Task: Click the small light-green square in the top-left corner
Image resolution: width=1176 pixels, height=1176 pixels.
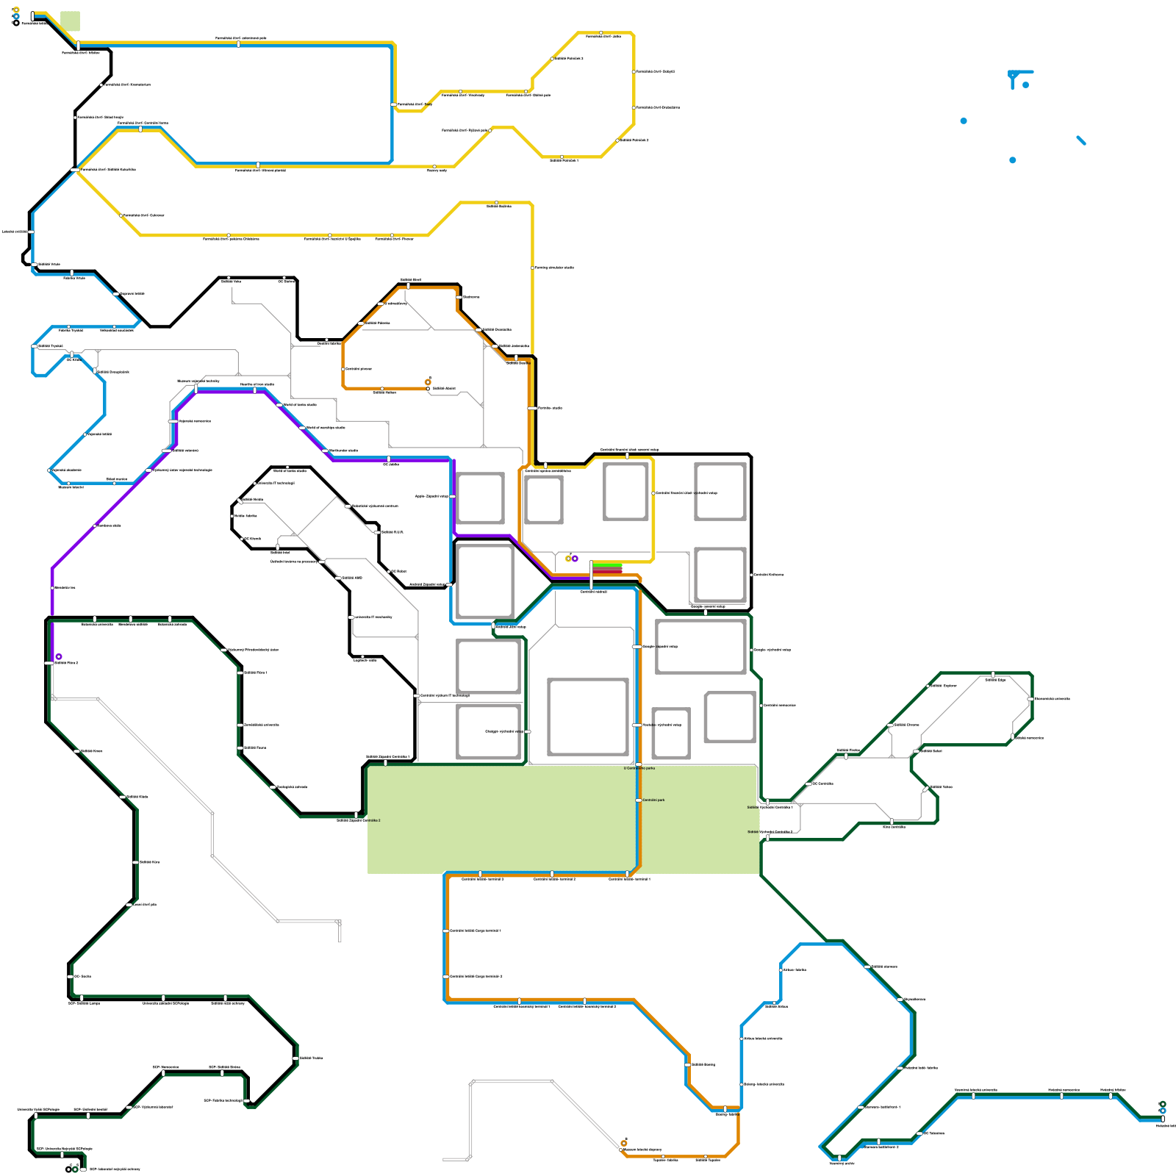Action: click(x=70, y=21)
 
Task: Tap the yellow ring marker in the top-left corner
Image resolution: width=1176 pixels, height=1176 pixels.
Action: click(x=16, y=10)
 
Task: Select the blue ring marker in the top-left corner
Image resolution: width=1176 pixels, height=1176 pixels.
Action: click(x=16, y=16)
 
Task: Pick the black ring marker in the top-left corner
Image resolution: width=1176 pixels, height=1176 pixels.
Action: click(x=16, y=23)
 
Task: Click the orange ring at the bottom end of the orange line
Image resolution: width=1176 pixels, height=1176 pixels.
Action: click(x=624, y=1143)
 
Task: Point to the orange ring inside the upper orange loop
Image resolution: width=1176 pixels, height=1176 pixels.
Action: click(x=428, y=382)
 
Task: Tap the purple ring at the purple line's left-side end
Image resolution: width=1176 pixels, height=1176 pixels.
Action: click(x=59, y=656)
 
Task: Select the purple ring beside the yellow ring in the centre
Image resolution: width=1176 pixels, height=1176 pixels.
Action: click(x=575, y=559)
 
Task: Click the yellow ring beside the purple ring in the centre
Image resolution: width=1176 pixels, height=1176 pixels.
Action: click(x=568, y=559)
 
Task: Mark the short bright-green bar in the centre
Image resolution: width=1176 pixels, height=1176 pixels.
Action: click(x=607, y=565)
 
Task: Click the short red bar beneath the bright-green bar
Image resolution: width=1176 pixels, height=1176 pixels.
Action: click(x=607, y=570)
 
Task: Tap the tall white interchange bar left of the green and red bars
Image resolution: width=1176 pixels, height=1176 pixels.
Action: click(x=592, y=573)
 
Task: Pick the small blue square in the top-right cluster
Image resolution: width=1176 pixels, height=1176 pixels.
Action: click(x=1026, y=85)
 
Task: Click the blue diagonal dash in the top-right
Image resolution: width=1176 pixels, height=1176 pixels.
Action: click(x=1081, y=140)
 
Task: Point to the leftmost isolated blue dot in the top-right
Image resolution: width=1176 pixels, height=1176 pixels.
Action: click(x=964, y=121)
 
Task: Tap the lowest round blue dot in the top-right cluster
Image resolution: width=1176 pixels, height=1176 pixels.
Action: click(x=1013, y=160)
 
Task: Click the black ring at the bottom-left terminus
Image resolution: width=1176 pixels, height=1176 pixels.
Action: click(x=68, y=1169)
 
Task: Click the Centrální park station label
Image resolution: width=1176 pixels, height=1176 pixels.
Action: click(x=653, y=800)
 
